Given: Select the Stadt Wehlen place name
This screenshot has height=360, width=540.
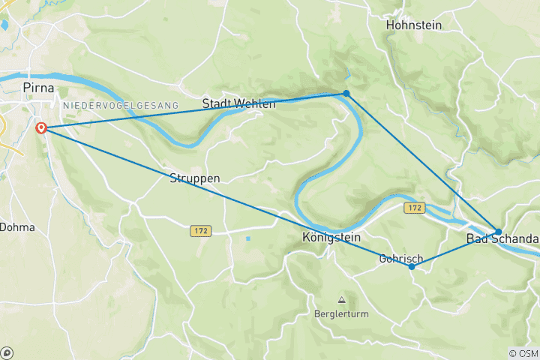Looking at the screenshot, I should point(238,103).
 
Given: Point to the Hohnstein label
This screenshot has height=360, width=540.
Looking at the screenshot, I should point(413,25).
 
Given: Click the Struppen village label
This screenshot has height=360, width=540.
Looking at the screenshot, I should point(194,178).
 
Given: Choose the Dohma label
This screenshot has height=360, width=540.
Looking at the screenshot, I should point(16,226).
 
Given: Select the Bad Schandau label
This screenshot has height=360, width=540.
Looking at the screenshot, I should point(502,238).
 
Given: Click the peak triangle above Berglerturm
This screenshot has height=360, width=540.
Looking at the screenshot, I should point(341,300).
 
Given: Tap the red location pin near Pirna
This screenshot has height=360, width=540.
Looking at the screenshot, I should point(41,128).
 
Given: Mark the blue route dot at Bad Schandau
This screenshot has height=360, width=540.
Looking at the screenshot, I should point(498,232).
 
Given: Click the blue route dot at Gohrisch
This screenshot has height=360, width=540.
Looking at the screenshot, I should point(412,266).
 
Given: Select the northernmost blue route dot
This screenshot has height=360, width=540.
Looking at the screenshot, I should point(346,93).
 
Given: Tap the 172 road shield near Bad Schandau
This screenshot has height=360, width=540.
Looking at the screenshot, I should point(414,206).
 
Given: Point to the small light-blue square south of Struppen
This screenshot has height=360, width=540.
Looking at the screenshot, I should point(247,239).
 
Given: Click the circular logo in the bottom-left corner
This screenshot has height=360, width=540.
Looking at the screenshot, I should point(7,352).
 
